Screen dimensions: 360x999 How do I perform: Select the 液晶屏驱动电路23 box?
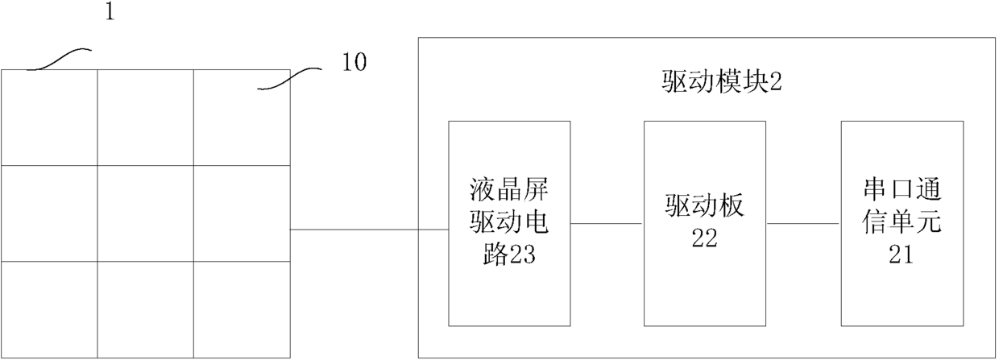(509, 222)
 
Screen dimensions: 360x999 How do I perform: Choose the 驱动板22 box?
(704, 222)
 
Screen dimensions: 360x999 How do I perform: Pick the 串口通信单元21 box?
(901, 222)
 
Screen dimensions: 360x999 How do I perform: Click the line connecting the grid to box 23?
(369, 230)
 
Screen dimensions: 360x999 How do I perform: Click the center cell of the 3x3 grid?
(145, 213)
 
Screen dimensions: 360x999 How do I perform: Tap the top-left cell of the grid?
(49, 118)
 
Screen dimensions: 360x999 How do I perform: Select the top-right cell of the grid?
(241, 118)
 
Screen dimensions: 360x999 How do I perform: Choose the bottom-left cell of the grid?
(49, 308)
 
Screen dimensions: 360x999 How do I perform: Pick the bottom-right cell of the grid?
(241, 308)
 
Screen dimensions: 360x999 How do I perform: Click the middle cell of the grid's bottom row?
(145, 308)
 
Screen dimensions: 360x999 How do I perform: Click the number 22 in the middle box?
(704, 240)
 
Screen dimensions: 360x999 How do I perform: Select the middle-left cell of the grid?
(49, 213)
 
